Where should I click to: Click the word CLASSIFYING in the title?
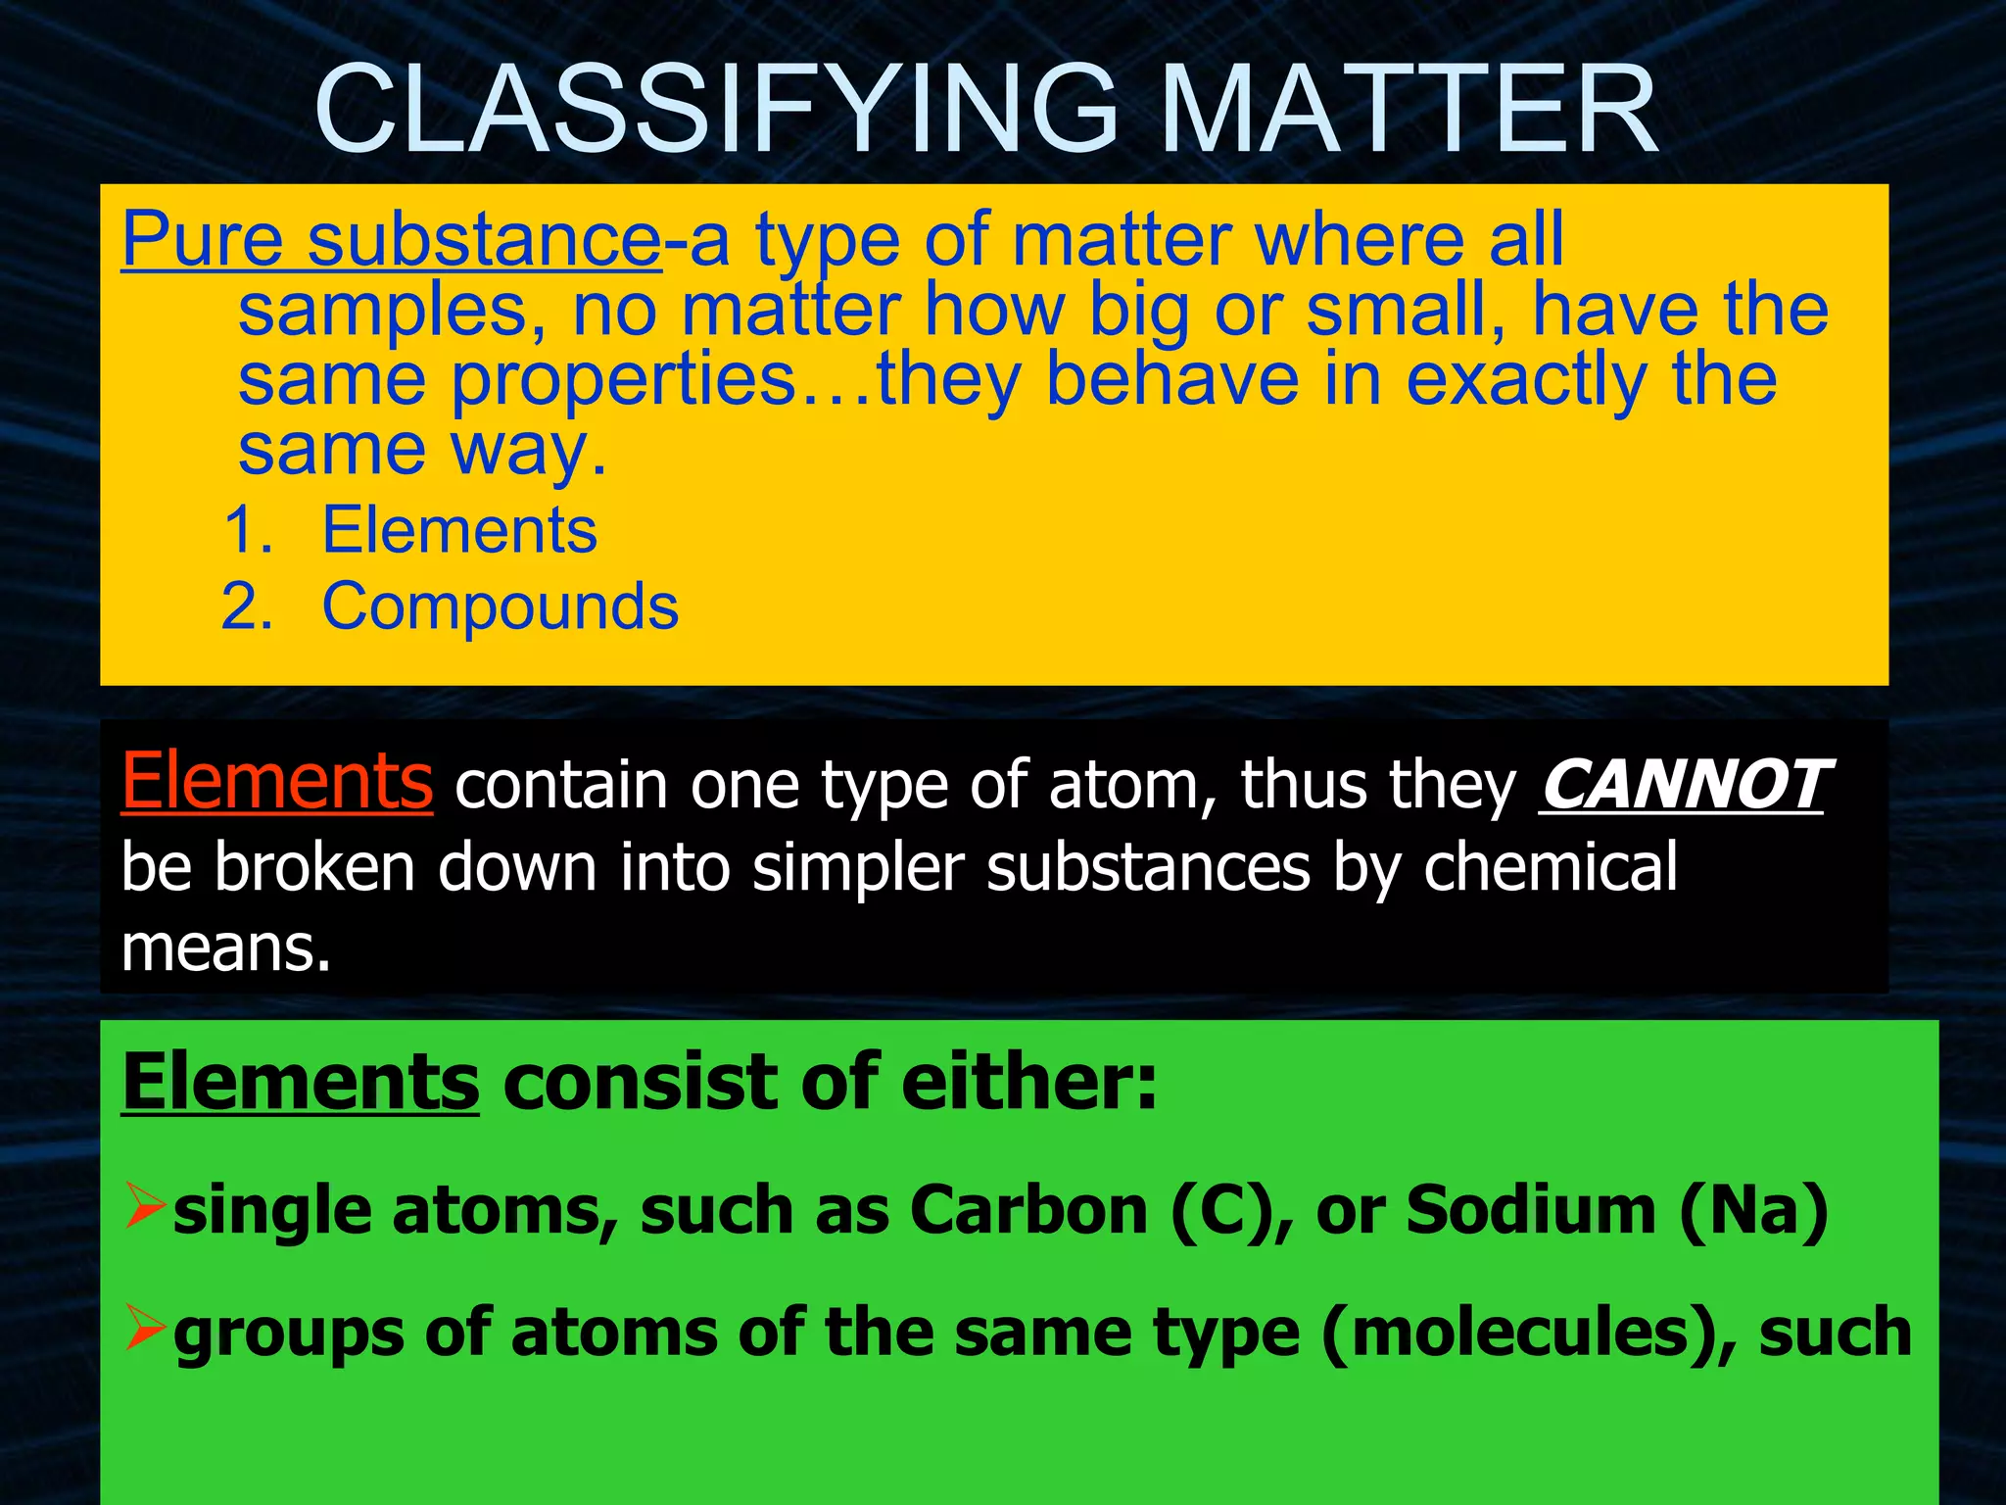click(x=715, y=110)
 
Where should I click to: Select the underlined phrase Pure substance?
click(x=392, y=239)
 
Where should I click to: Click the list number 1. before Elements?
click(x=248, y=530)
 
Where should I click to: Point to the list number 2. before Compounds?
click(x=247, y=607)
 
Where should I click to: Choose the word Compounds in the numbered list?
click(x=500, y=607)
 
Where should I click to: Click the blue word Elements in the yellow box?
click(x=459, y=530)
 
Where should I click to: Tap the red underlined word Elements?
click(x=277, y=782)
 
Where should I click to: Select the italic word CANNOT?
click(x=1682, y=785)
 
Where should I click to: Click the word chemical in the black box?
click(x=1550, y=867)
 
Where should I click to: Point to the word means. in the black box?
click(x=226, y=948)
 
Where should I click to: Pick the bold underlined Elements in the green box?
click(x=301, y=1083)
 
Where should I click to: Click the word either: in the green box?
click(x=1028, y=1083)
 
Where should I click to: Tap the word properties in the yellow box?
click(x=624, y=380)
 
